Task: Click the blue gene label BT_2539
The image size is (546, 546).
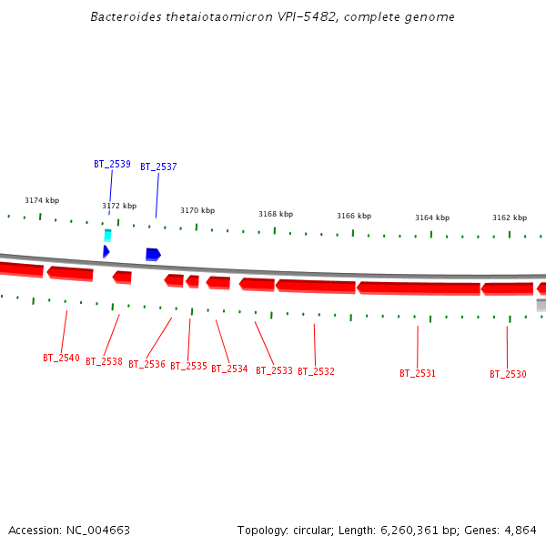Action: pyautogui.click(x=112, y=164)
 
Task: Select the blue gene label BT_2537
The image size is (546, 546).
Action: pyautogui.click(x=158, y=167)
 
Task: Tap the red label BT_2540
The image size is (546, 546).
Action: pyautogui.click(x=61, y=358)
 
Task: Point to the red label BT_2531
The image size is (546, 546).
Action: pyautogui.click(x=418, y=373)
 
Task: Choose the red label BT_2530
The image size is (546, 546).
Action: pyautogui.click(x=508, y=374)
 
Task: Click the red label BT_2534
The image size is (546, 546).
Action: pyautogui.click(x=229, y=369)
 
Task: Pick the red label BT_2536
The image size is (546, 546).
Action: pyautogui.click(x=147, y=364)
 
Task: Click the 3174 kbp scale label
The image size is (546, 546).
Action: pyautogui.click(x=42, y=200)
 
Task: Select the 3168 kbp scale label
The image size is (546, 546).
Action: pyautogui.click(x=276, y=214)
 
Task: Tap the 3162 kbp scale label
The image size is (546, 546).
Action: pyautogui.click(x=510, y=217)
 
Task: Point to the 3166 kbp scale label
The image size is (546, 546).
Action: pyautogui.click(x=354, y=216)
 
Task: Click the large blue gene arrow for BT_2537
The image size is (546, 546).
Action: pyautogui.click(x=153, y=254)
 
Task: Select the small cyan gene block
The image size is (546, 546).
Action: pyautogui.click(x=107, y=235)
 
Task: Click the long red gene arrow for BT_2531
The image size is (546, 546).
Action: pyautogui.click(x=419, y=288)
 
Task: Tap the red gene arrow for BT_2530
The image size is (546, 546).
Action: pyautogui.click(x=507, y=288)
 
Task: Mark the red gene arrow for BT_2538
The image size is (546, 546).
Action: pyautogui.click(x=122, y=277)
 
